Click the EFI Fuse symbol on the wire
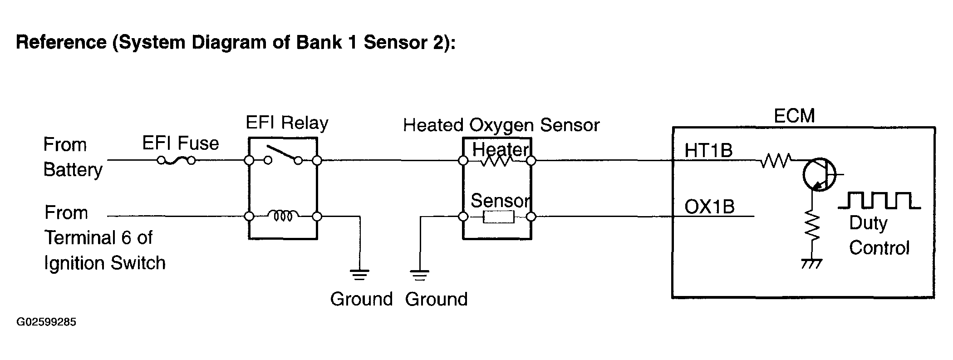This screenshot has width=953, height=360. [176, 160]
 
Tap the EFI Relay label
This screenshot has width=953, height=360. [287, 123]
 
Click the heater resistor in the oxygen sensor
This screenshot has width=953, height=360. [497, 160]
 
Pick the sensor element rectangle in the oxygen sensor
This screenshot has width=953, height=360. [499, 217]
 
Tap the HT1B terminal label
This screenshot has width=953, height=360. [708, 150]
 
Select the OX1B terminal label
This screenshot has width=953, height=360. [709, 207]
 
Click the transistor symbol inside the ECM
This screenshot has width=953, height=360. [820, 174]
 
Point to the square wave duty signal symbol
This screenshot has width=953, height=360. [879, 200]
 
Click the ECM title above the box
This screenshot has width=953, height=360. [794, 116]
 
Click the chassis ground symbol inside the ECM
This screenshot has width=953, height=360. [812, 263]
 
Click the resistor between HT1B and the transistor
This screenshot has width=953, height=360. [776, 160]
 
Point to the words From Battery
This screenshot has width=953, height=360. [73, 157]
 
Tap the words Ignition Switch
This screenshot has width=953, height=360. [105, 263]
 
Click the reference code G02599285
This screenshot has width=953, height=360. [46, 322]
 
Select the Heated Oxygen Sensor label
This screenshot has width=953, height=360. [501, 125]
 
